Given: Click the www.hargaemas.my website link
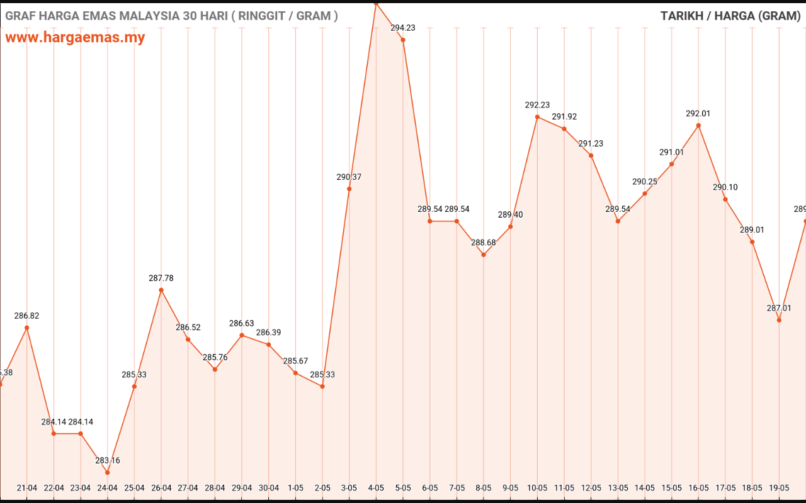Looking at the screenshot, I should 75,37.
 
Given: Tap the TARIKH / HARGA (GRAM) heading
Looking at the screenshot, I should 730,16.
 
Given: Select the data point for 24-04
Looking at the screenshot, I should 107,472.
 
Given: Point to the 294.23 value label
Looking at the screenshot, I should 403,28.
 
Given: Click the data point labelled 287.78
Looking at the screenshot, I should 161,290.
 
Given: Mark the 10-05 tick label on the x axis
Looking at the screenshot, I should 537,488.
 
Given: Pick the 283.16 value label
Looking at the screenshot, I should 107,460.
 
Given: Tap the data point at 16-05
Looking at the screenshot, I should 698,125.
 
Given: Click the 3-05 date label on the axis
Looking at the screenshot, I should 349,488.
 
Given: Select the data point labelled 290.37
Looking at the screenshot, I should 349,189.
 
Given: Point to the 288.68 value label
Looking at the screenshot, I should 484,242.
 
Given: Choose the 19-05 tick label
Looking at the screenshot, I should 779,488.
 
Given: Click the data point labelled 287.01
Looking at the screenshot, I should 779,320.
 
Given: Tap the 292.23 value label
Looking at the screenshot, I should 537,105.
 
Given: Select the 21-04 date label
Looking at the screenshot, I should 26,488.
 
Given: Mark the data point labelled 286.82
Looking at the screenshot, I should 26,328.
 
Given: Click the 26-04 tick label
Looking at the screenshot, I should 161,488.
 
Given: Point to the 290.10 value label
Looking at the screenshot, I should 725,187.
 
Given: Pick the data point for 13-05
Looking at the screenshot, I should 618,221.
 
